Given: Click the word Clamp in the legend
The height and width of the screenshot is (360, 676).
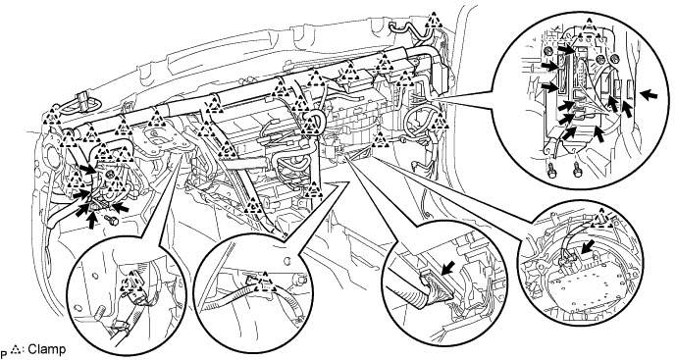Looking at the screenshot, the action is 47,349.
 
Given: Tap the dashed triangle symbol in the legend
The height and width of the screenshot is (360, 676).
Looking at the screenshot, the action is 17,348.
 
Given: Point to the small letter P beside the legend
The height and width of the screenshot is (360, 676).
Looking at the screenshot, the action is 4,352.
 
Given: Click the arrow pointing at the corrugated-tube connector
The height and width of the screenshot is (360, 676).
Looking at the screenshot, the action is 448,271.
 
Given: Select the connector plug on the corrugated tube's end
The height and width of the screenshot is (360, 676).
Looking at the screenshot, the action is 436,283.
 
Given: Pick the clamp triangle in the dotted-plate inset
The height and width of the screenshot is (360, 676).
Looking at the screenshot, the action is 602,219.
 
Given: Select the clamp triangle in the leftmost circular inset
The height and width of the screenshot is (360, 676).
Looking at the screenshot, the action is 131,283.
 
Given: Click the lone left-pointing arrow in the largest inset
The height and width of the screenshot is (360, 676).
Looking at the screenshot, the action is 649,95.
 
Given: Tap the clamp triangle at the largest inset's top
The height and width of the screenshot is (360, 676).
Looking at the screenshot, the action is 589,26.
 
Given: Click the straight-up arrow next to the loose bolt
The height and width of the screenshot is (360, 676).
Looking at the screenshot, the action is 92,220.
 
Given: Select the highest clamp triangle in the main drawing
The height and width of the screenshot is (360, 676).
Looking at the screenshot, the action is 433,21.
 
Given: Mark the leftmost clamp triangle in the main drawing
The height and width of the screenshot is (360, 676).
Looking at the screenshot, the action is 53,114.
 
